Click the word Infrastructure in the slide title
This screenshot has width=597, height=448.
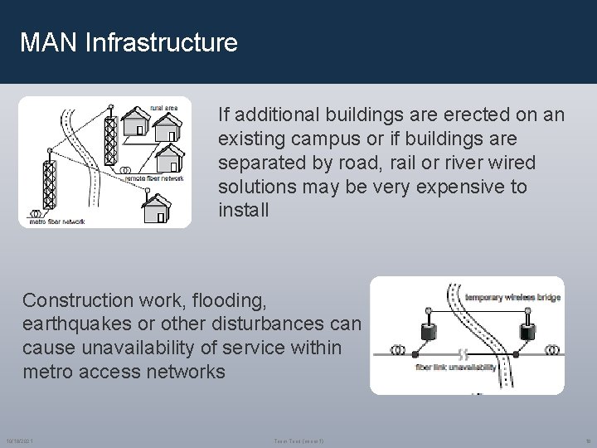[162, 42]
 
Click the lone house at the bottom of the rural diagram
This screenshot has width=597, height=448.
[155, 208]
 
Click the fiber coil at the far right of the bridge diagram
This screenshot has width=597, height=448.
[551, 348]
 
